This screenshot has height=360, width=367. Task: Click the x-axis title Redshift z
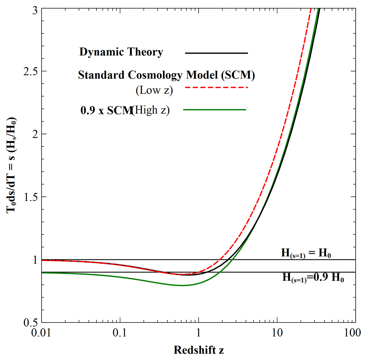(x=199, y=350)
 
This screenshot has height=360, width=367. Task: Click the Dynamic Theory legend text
(x=121, y=52)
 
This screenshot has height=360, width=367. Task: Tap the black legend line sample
(x=217, y=53)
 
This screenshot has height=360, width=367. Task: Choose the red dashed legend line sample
(x=217, y=88)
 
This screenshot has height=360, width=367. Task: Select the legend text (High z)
(x=151, y=110)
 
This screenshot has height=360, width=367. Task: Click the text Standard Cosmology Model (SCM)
(x=167, y=75)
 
